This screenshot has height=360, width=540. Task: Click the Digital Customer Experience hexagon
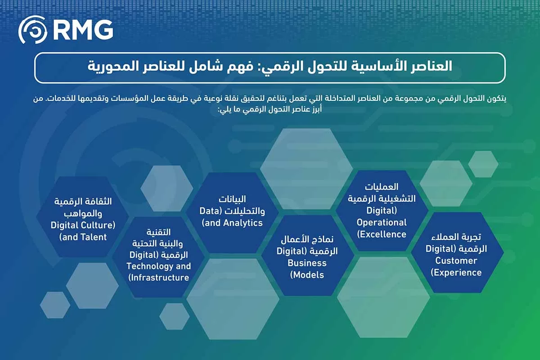456,254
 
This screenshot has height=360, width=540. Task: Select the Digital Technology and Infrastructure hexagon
158,255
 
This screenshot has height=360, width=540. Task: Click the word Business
307,263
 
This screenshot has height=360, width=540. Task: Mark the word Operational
382,222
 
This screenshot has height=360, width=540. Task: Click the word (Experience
456,273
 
